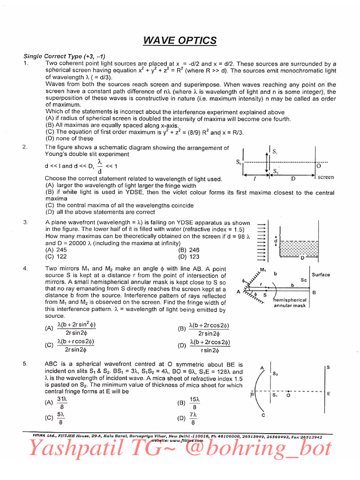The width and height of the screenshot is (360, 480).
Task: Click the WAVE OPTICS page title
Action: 180,41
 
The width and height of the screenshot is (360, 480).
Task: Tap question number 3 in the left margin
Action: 26,222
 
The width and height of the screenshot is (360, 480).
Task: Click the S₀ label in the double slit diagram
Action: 239,162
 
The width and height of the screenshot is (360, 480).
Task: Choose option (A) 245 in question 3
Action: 56,250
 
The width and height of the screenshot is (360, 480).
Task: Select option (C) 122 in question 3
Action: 56,256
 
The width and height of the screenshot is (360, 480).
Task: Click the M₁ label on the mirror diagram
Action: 263,270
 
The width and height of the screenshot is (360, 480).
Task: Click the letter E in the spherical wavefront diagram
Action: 329,394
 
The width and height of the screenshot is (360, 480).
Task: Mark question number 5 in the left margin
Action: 26,364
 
